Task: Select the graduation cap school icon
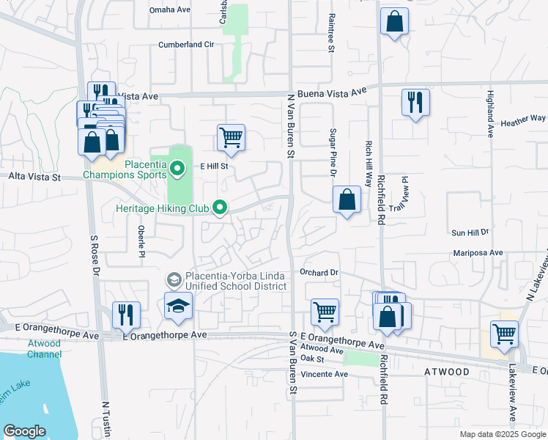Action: [x=178, y=308]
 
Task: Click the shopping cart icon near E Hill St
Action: [x=231, y=138]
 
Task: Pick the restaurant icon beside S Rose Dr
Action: [x=126, y=315]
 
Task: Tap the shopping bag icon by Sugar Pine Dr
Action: [x=347, y=199]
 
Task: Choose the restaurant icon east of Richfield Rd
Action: [x=415, y=103]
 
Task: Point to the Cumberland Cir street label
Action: [x=186, y=45]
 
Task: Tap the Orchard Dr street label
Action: [x=319, y=272]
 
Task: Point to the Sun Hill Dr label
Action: [x=470, y=232]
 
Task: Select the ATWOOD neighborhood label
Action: [x=445, y=372]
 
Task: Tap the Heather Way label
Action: [x=523, y=118]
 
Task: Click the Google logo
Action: [x=24, y=431]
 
